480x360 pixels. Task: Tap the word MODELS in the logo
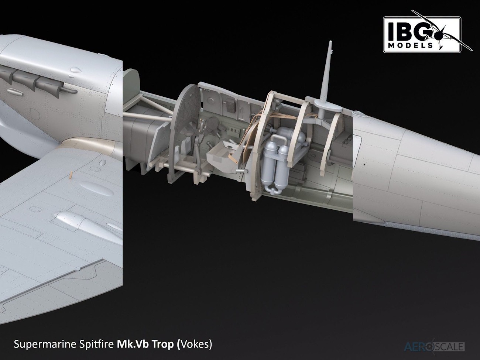pos(411,46)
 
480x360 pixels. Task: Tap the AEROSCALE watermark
pos(434,347)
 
